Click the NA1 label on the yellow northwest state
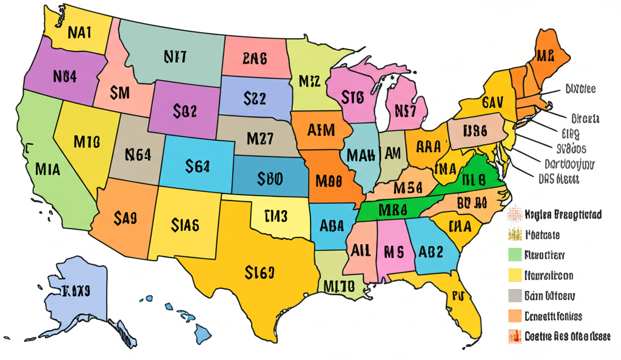point(79,33)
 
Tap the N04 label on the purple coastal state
point(64,76)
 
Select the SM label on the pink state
point(121,93)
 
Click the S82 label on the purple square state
point(184,110)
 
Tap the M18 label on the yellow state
point(87,142)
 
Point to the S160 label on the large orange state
point(260,273)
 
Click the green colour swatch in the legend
point(514,255)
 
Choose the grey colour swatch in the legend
point(514,295)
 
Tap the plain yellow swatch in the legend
point(514,275)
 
